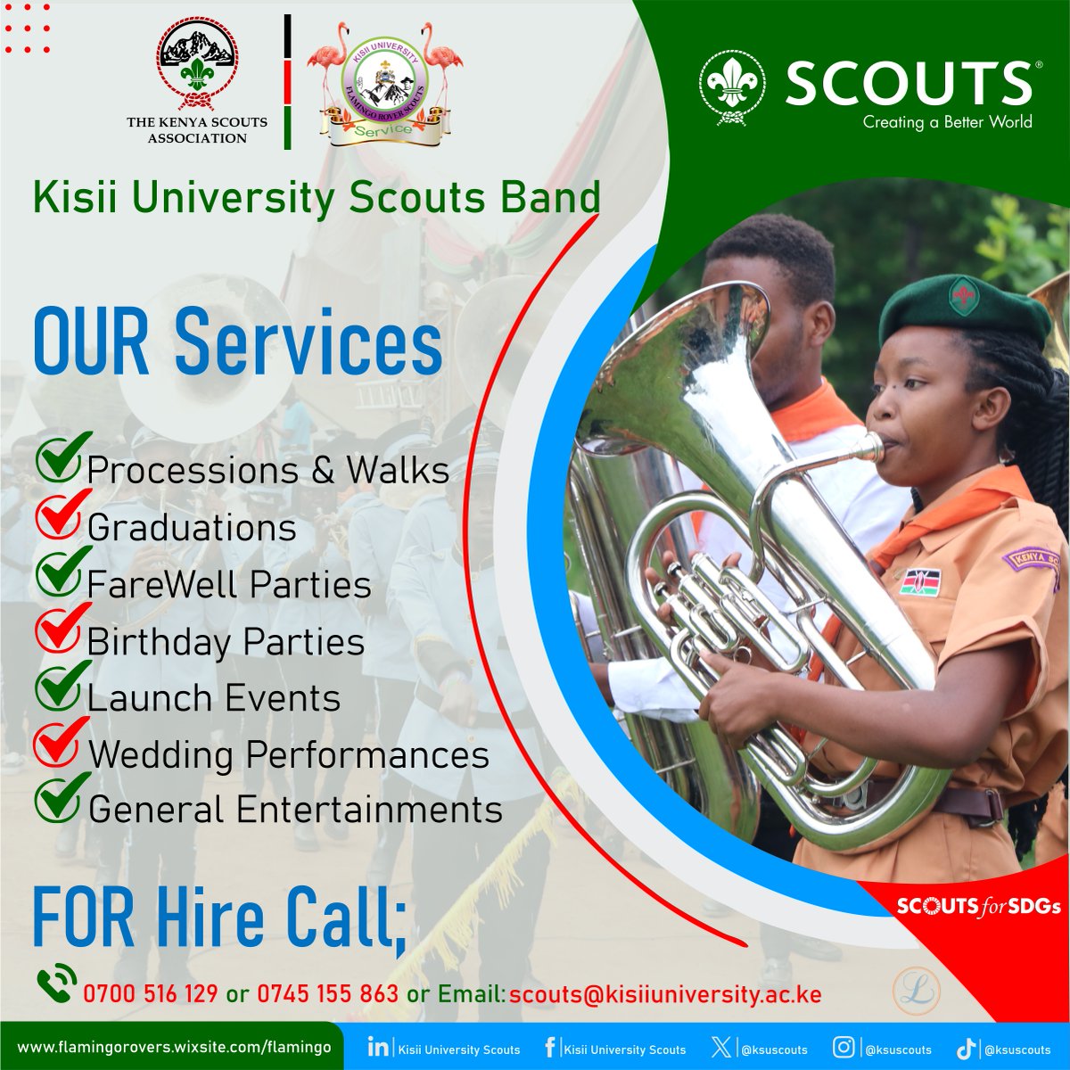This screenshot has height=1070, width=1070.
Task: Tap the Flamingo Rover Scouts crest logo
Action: point(384,85)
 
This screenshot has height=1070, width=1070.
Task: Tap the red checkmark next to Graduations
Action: point(61,516)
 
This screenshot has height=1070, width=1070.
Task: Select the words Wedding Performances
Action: point(288,755)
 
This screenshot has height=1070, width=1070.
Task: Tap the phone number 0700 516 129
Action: point(151,993)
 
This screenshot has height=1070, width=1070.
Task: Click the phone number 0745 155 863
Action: point(327,993)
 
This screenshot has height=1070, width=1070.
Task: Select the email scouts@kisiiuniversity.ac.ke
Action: point(665,993)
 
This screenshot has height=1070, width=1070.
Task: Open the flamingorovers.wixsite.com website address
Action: point(175,1047)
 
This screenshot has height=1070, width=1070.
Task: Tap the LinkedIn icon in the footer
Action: point(377,1047)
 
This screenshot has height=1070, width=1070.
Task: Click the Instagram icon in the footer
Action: point(844,1048)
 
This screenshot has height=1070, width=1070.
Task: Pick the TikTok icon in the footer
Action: point(967,1048)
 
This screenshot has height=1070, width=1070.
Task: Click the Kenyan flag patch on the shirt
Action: point(919,581)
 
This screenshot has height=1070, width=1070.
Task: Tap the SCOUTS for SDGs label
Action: point(977,906)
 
